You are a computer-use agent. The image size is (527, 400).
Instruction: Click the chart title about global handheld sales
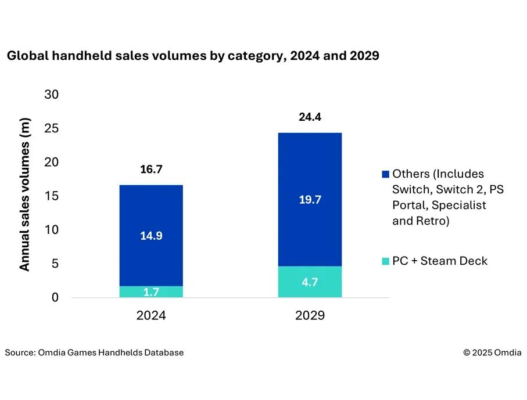(192, 56)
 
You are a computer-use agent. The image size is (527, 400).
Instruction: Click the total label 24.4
(310, 117)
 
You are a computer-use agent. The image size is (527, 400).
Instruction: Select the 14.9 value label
(151, 236)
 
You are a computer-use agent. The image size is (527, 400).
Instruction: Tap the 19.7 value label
(310, 200)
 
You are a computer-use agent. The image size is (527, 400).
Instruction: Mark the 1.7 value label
(151, 292)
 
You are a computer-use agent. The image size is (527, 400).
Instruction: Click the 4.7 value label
(310, 282)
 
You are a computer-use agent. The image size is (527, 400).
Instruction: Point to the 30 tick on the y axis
(52, 94)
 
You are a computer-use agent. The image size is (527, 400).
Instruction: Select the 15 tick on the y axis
(52, 196)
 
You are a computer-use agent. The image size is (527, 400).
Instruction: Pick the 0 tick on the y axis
(56, 298)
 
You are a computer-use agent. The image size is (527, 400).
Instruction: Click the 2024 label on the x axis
(151, 316)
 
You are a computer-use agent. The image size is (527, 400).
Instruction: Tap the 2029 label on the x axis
(310, 316)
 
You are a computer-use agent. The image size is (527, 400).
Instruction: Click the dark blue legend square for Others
(385, 174)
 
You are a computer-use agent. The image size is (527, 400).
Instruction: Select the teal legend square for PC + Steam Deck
(385, 261)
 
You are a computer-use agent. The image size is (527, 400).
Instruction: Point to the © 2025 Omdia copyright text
(492, 352)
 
